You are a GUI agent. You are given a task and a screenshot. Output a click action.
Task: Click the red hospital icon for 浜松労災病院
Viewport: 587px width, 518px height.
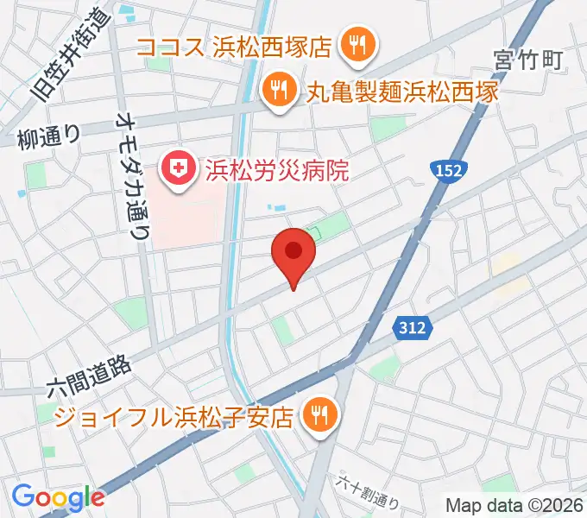point(180,167)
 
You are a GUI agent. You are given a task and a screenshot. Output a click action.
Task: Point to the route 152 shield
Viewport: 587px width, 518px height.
point(450,170)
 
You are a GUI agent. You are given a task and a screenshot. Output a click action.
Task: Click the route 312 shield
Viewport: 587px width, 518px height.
point(412,327)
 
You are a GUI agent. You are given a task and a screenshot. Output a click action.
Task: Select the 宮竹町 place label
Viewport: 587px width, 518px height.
point(528,60)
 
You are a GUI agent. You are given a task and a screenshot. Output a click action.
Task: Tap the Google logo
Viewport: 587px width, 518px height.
point(58,496)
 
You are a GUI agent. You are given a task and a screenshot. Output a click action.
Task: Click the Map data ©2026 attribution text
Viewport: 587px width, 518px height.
point(514,504)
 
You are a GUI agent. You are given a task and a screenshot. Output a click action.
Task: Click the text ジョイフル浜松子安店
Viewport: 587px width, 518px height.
point(174,418)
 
